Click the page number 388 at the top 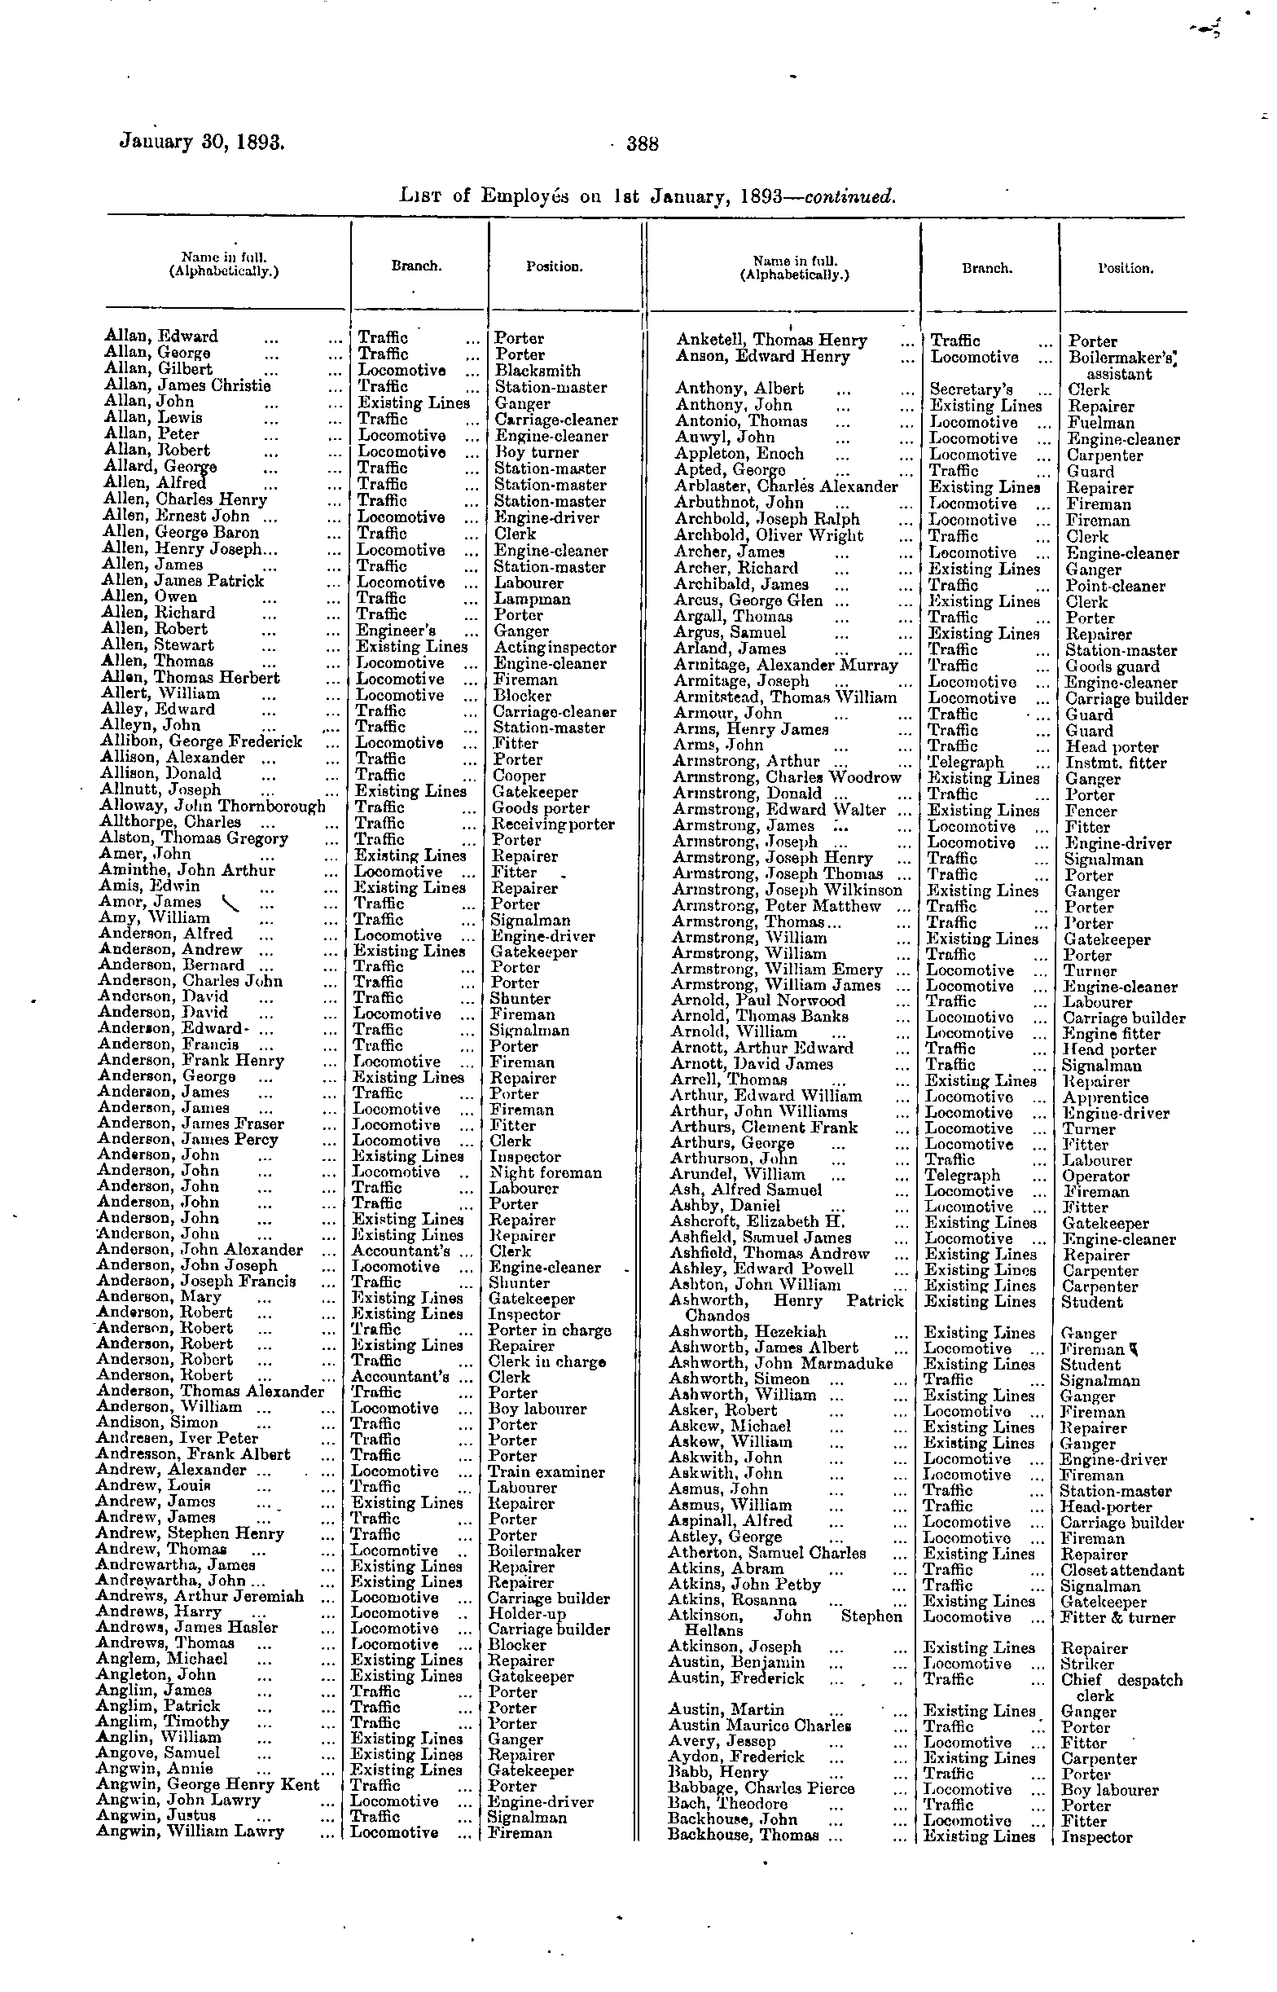(642, 144)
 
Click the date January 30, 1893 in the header (202, 141)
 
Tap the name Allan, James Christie (187, 385)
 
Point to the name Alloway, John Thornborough (213, 806)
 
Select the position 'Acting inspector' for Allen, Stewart (555, 647)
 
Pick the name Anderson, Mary (158, 1297)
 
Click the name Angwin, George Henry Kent (208, 1785)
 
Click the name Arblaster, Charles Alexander (785, 487)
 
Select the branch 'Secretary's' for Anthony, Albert (970, 389)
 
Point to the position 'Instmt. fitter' (1115, 763)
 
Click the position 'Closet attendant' (1122, 1570)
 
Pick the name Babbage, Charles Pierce (761, 1789)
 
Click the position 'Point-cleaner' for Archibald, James (1115, 587)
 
